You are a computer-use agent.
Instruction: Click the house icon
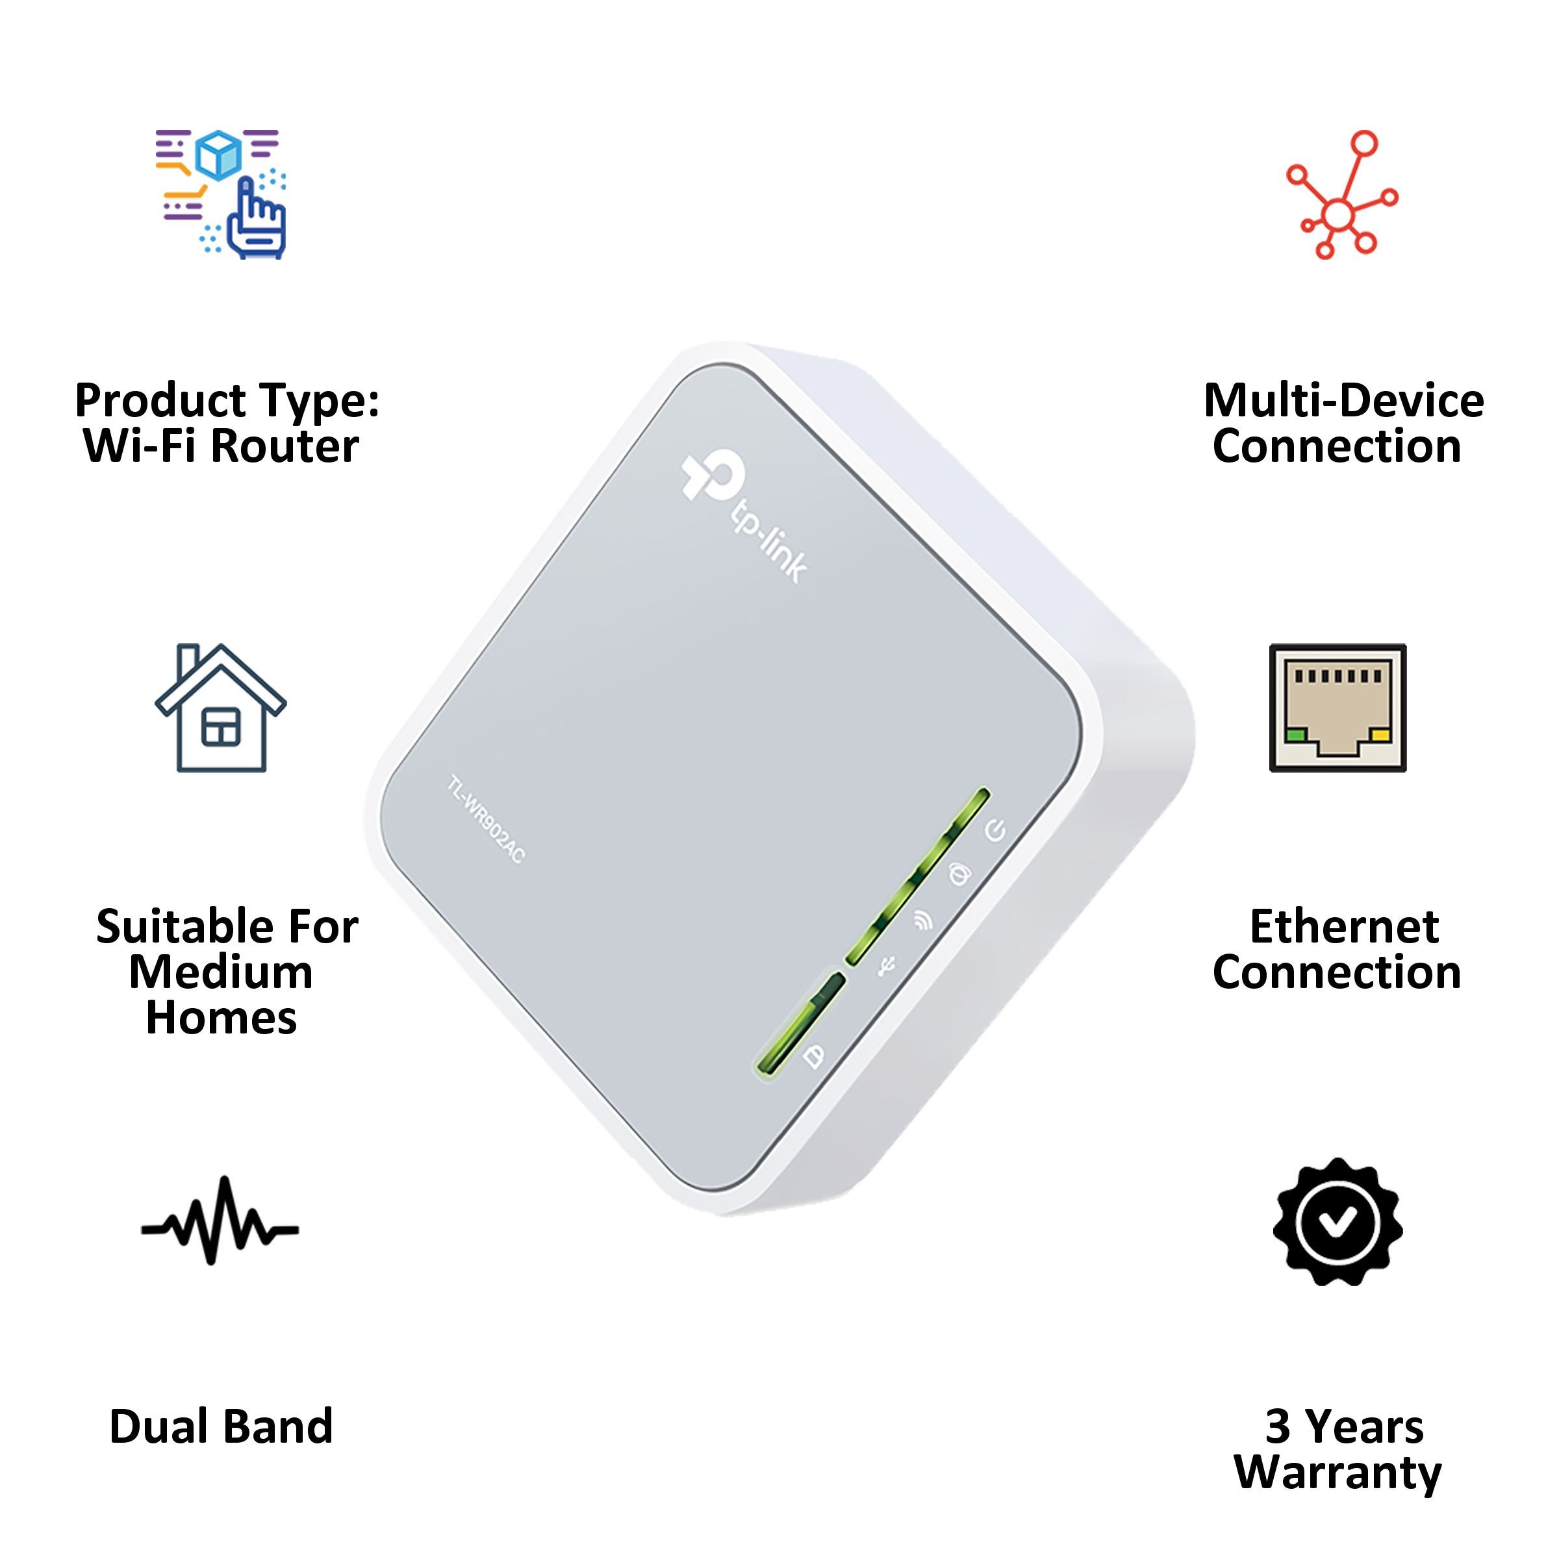point(220,709)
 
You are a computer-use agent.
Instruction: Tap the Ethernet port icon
point(1338,707)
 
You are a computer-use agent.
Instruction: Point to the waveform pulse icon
point(220,1230)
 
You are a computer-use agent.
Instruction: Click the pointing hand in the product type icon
point(257,218)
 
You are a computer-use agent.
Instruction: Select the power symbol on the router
point(996,830)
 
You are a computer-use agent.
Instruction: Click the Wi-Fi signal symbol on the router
point(923,920)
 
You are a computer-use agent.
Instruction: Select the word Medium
point(220,972)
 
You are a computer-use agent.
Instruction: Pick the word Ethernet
point(1343,926)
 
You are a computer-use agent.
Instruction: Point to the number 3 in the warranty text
point(1277,1426)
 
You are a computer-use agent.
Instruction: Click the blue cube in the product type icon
point(219,153)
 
